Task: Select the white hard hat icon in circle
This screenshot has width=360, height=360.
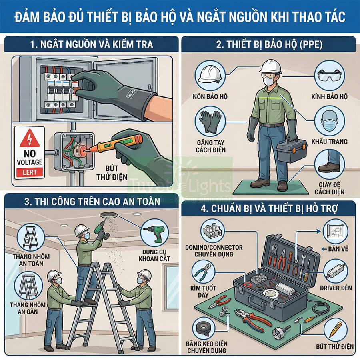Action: pos(209,76)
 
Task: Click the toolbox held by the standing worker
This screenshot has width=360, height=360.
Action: pos(291,151)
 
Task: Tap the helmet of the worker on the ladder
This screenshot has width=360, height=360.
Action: pos(82,230)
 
